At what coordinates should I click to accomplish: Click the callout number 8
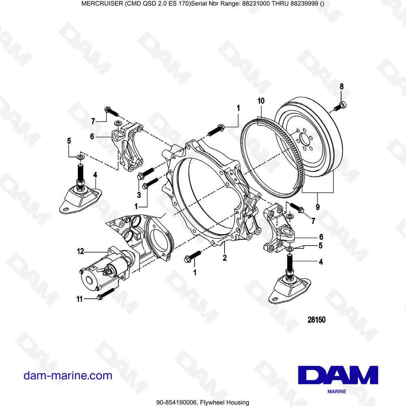[341, 86]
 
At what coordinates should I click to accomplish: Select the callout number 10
[261, 100]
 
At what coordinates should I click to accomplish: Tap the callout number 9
[317, 206]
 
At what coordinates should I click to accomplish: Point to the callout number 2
[224, 257]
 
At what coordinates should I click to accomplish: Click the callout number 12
[80, 252]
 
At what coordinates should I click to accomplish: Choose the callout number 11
[80, 299]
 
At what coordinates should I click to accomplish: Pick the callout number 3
[138, 195]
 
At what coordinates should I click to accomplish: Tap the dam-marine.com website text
[68, 376]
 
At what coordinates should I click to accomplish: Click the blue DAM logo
[338, 376]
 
